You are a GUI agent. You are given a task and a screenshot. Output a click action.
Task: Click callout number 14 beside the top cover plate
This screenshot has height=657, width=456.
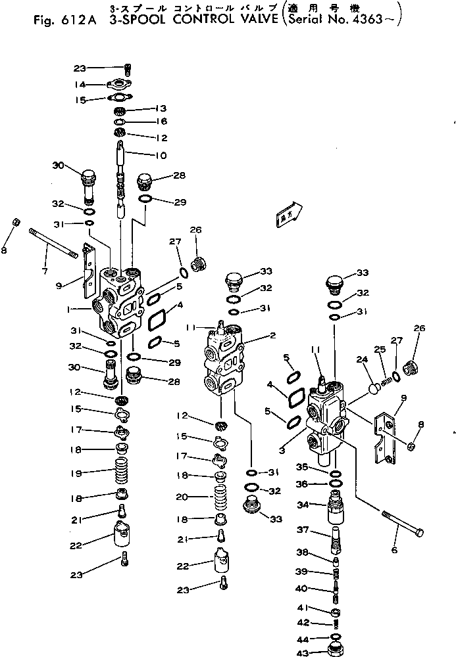click(80, 84)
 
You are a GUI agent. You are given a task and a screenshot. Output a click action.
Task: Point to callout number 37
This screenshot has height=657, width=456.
click(301, 530)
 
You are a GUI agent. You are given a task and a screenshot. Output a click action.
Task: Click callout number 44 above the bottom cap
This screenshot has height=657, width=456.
click(303, 638)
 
